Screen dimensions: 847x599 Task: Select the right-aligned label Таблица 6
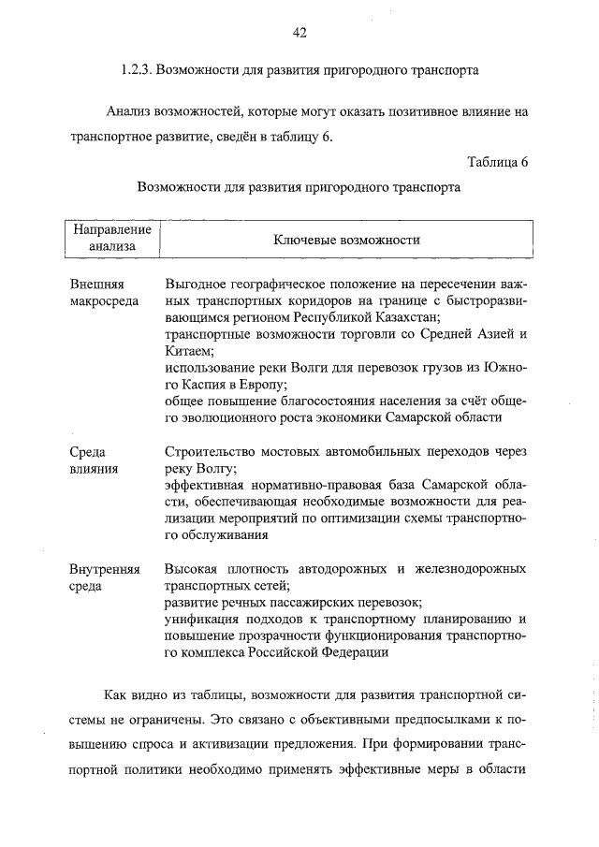497,161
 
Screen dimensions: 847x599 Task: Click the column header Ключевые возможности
345,240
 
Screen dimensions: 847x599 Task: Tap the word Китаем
187,351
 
